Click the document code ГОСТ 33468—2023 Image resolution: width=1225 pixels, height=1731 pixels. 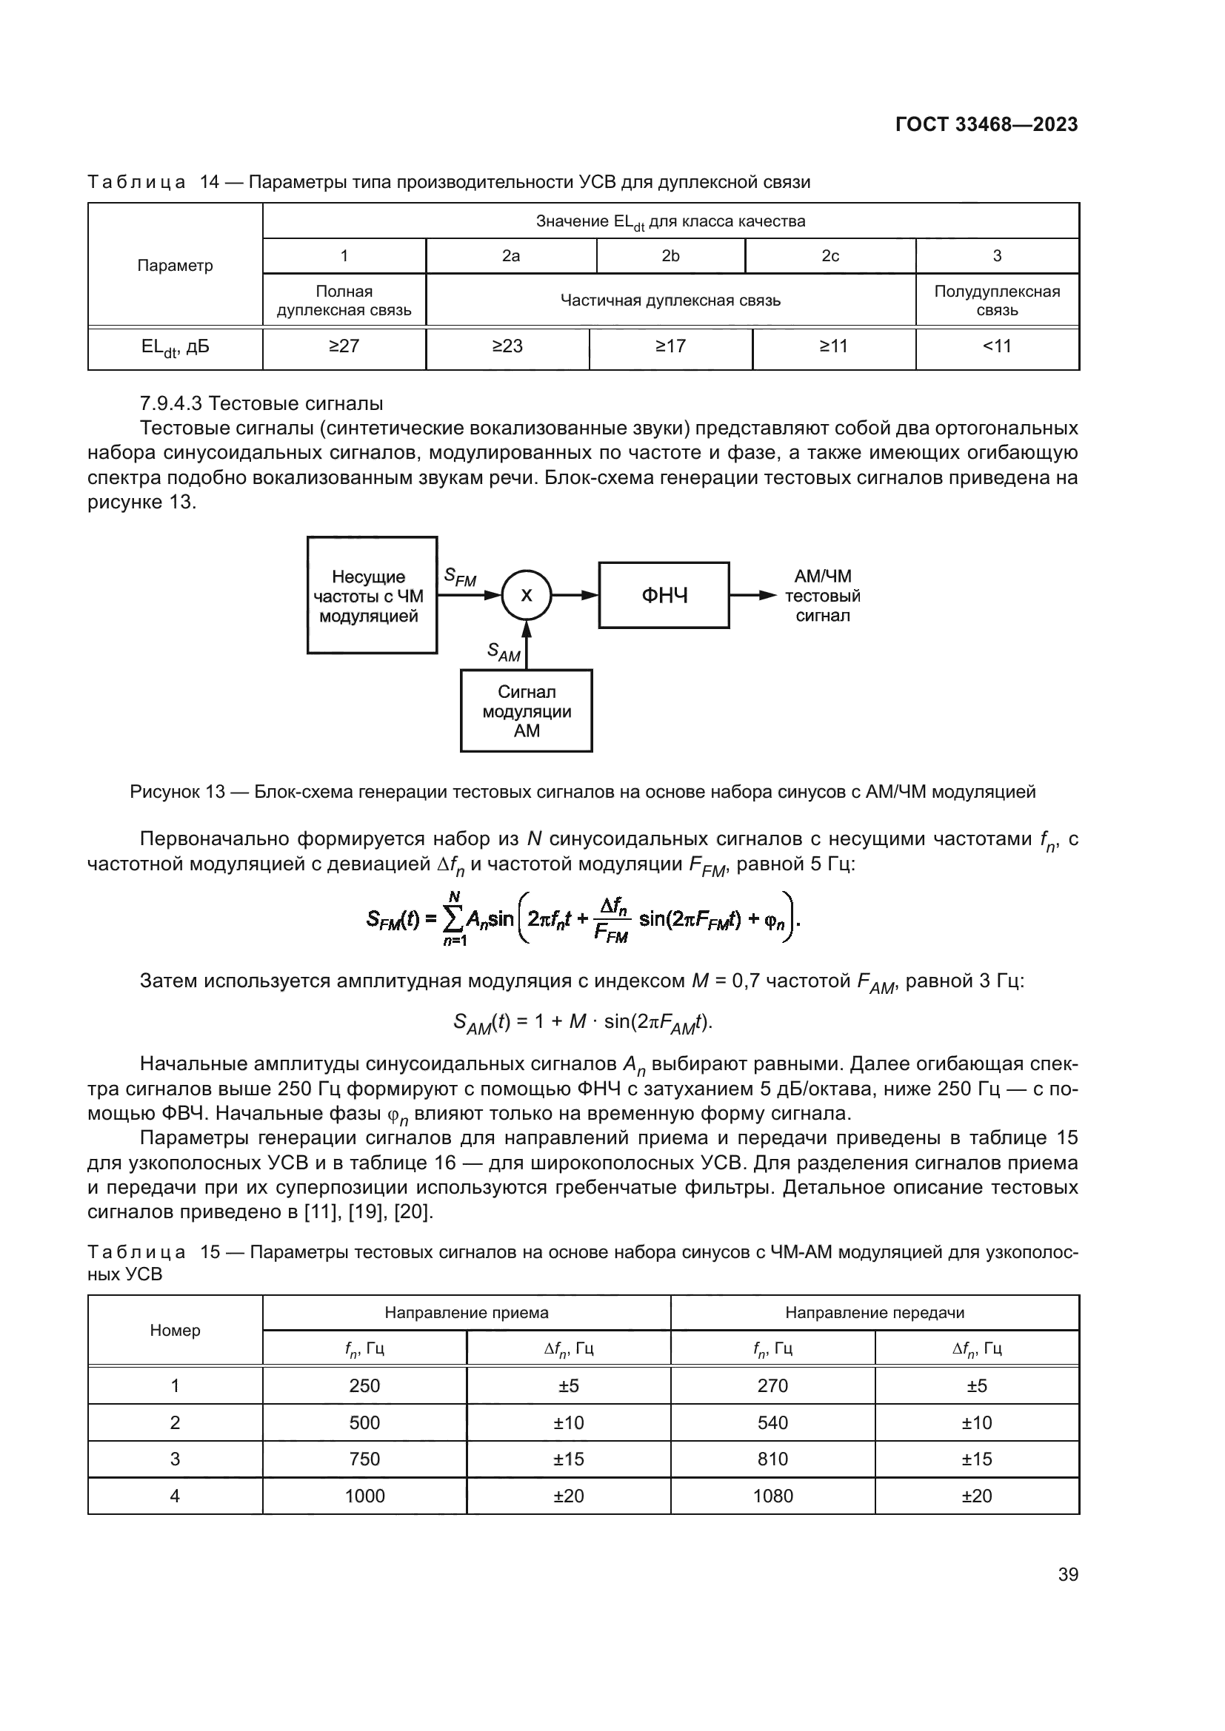[986, 124]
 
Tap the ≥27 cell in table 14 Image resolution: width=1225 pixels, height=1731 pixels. [344, 346]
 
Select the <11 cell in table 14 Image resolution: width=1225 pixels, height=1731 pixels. [996, 346]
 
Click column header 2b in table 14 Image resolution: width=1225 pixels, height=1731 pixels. [670, 255]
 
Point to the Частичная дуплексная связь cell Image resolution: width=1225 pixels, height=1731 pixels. [670, 300]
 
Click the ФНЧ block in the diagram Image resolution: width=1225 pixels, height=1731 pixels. [664, 596]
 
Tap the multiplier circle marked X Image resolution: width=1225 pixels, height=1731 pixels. [527, 595]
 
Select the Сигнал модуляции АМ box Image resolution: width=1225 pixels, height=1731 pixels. [527, 711]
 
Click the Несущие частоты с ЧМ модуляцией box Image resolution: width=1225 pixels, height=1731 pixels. [372, 596]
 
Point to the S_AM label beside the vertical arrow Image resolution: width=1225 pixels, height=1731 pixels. [503, 651]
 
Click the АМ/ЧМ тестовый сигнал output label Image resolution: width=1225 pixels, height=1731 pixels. [822, 596]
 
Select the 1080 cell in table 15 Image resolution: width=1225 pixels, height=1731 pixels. [772, 1496]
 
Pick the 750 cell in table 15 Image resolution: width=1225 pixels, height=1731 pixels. [364, 1459]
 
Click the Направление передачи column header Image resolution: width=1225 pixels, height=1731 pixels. [874, 1313]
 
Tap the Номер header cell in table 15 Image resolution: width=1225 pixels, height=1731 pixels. [175, 1330]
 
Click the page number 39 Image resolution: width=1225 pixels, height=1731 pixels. [1067, 1574]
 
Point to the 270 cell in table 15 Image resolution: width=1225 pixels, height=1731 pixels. [772, 1385]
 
